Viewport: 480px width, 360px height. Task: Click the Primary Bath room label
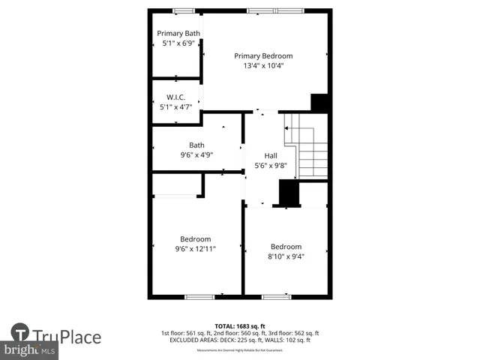coord(178,33)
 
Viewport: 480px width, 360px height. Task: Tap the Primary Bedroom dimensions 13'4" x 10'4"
coord(262,66)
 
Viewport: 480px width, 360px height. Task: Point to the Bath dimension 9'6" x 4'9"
coord(196,155)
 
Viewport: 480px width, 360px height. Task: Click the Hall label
coord(271,155)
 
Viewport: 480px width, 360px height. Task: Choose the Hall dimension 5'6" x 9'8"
coord(271,165)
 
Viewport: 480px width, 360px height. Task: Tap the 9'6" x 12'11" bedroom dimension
coord(195,249)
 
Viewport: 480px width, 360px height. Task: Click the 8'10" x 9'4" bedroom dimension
coord(286,256)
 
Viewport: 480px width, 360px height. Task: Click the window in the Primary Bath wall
coord(183,10)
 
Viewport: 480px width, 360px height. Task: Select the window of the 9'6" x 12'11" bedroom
coord(199,297)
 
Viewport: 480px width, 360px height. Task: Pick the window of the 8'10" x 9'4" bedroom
coord(276,297)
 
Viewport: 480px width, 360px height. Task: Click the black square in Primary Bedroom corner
coord(320,103)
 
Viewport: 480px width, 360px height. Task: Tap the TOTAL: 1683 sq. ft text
coord(240,325)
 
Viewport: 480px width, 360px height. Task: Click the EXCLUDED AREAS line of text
coord(240,340)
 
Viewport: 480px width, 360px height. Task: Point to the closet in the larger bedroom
coord(177,184)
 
